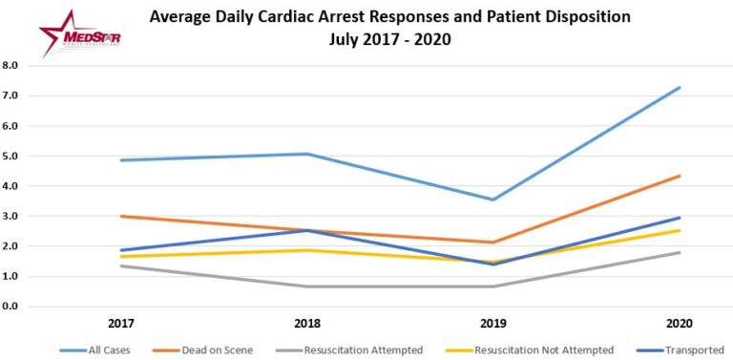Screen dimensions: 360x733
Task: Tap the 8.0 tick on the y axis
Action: click(12, 66)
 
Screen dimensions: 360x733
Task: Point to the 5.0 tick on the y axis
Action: click(12, 156)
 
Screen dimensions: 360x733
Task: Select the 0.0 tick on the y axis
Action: click(12, 307)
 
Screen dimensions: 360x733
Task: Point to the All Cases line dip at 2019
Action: click(492, 200)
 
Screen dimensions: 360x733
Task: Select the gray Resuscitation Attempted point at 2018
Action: click(308, 286)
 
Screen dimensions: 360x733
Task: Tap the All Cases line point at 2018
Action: click(308, 154)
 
